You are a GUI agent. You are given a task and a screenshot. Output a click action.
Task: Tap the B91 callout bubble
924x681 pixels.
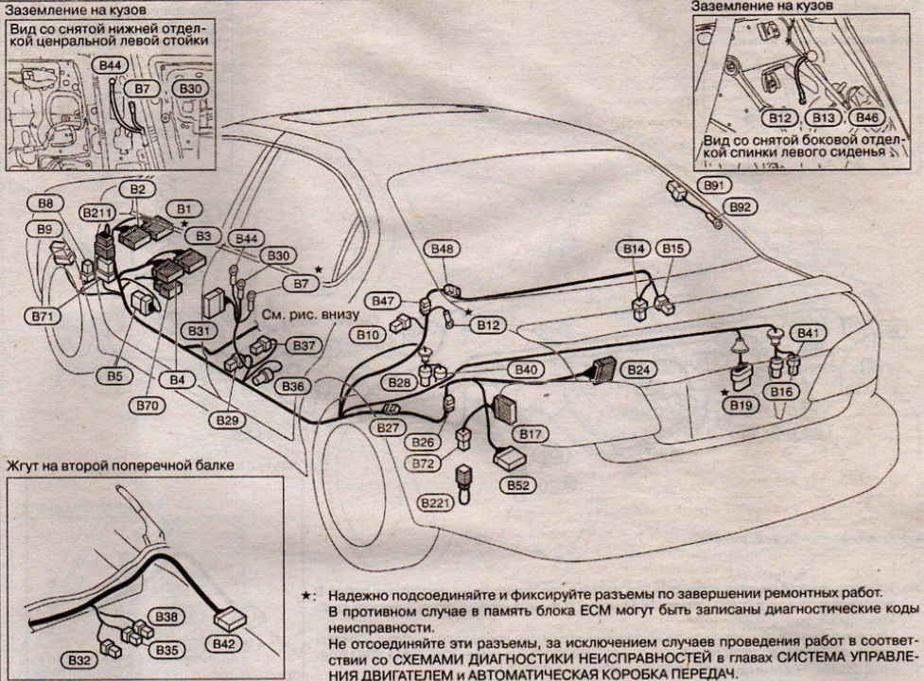(710, 185)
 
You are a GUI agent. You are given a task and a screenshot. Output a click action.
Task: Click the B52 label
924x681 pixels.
(517, 485)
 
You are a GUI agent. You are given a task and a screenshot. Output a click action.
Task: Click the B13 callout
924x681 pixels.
(824, 118)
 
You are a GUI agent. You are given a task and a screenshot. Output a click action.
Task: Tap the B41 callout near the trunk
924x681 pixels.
(811, 333)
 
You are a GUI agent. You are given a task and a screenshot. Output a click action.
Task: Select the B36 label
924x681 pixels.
(293, 387)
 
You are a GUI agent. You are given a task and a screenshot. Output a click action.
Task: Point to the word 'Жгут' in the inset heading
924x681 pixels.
(27, 465)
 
